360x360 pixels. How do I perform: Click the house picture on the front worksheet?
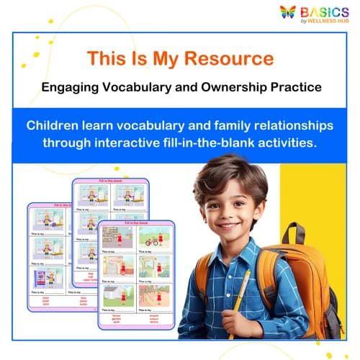(117, 294)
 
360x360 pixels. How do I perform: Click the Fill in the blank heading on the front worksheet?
(136, 225)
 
